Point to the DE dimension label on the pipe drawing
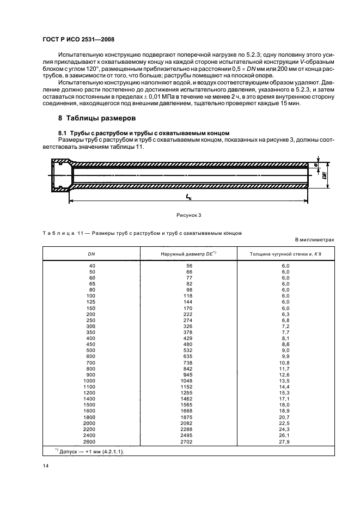[x=325, y=176]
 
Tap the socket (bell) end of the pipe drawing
[x=62, y=176]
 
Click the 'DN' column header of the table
[x=91, y=254]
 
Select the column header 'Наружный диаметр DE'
[x=188, y=254]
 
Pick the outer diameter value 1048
[x=188, y=381]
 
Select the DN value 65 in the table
[x=91, y=283]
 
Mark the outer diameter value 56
[x=190, y=265]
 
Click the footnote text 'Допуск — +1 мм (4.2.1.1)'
[x=96, y=451]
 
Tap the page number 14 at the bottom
[x=46, y=466]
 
